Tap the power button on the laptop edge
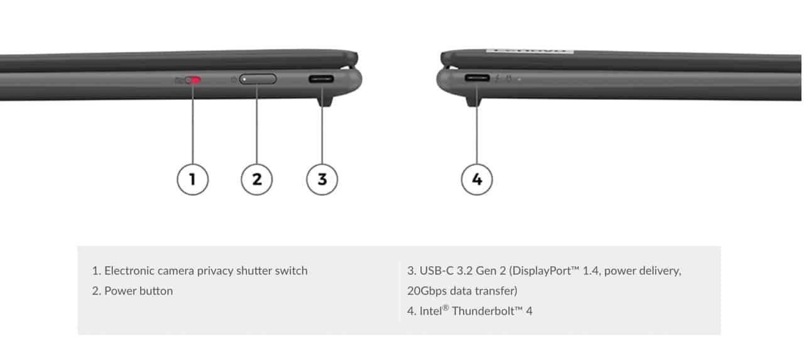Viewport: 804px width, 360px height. click(x=258, y=79)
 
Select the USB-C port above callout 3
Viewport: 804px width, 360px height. click(x=321, y=79)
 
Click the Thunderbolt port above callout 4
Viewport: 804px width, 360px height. click(x=477, y=78)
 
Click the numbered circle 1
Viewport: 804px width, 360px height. click(x=193, y=180)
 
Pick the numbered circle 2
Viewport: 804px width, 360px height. click(x=257, y=180)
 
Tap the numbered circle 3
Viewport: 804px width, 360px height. click(x=322, y=180)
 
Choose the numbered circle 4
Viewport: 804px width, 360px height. click(x=477, y=180)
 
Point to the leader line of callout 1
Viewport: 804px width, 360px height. click(x=193, y=124)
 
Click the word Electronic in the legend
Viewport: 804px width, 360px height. click(x=129, y=271)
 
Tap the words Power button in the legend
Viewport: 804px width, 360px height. click(x=139, y=291)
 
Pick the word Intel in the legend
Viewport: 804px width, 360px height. click(x=431, y=311)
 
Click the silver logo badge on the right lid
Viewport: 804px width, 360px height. click(x=530, y=51)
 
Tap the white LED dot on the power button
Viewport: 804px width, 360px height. click(x=244, y=79)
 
